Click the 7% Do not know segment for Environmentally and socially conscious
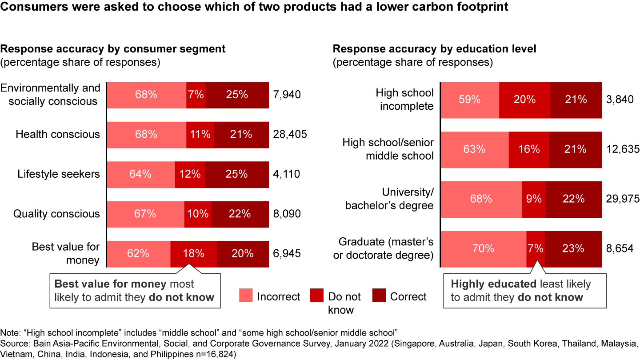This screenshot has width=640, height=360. pyautogui.click(x=196, y=95)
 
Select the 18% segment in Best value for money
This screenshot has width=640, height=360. pyautogui.click(x=193, y=254)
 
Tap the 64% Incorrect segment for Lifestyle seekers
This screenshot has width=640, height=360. pyautogui.click(x=141, y=174)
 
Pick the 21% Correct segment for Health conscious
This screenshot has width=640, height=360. pyautogui.click(x=241, y=134)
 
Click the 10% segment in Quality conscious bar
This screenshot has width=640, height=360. pyautogui.click(x=198, y=214)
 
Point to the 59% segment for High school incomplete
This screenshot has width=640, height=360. pyautogui.click(x=470, y=100)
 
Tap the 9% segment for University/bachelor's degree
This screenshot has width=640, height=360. pyautogui.click(x=534, y=199)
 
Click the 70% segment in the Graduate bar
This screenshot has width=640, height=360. pyautogui.click(x=484, y=248)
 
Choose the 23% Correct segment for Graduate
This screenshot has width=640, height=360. pyautogui.click(x=573, y=248)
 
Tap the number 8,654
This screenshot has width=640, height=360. pyautogui.click(x=619, y=248)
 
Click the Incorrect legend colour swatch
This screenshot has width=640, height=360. pyautogui.click(x=245, y=296)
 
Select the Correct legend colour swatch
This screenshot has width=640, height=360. pyautogui.click(x=378, y=296)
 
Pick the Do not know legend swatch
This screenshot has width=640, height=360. pyautogui.click(x=316, y=296)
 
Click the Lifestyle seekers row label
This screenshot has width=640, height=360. pyautogui.click(x=59, y=174)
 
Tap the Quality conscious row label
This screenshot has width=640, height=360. pyautogui.click(x=56, y=214)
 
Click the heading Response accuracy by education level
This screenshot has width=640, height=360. pyautogui.click(x=434, y=49)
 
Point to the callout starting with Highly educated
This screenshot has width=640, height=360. pyautogui.click(x=524, y=291)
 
